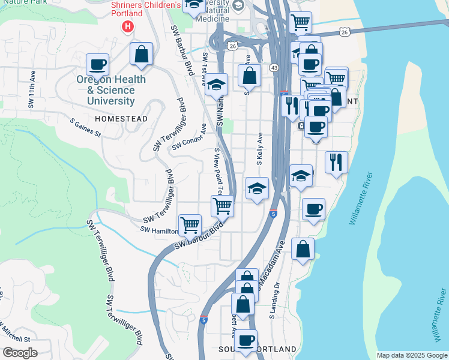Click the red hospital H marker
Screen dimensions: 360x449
(x=127, y=26)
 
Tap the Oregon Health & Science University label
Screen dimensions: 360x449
(x=111, y=90)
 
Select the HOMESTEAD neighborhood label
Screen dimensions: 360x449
(x=121, y=119)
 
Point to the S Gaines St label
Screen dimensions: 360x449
(x=85, y=127)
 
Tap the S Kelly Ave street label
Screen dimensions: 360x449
(x=260, y=149)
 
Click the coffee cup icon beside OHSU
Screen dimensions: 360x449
(x=97, y=64)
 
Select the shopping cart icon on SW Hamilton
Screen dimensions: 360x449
(x=190, y=225)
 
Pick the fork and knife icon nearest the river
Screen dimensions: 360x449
(x=336, y=161)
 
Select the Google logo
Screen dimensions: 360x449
(x=20, y=353)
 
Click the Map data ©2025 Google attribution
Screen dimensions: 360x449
(x=412, y=355)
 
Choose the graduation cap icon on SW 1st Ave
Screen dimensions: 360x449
(x=217, y=84)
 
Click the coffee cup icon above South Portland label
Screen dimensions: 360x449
(x=245, y=341)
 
